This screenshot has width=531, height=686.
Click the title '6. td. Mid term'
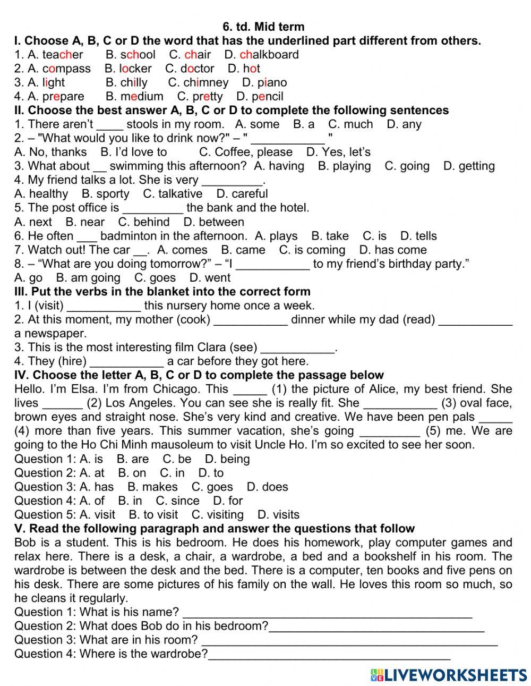click(264, 27)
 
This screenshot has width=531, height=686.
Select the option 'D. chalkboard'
click(261, 55)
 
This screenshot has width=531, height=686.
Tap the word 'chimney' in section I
click(205, 83)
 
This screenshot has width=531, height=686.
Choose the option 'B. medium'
click(134, 97)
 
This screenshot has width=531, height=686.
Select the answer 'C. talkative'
click(173, 194)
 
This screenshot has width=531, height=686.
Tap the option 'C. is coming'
click(312, 250)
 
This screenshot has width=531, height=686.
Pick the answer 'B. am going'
click(88, 278)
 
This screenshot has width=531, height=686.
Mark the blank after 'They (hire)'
click(126, 362)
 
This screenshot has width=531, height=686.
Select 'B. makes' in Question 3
click(152, 487)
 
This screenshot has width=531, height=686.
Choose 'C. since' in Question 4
click(177, 501)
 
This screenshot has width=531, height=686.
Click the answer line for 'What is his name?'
click(327, 613)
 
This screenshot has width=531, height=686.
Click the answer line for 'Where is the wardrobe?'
click(329, 655)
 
